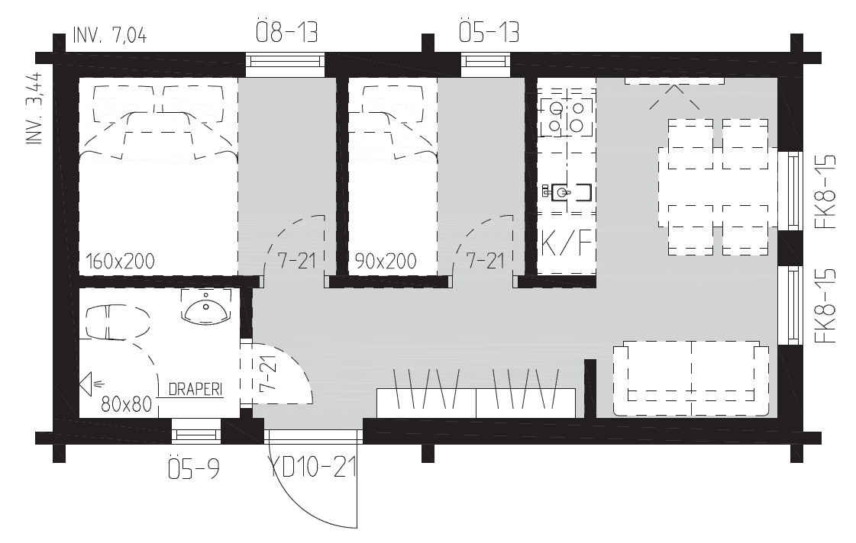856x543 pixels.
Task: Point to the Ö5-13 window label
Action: (x=489, y=33)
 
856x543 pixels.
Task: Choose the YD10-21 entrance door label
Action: (x=313, y=467)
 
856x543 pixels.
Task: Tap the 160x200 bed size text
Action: (x=121, y=262)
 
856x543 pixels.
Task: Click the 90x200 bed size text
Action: (x=386, y=262)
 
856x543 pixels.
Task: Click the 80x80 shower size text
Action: (x=127, y=403)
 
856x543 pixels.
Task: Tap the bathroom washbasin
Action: (x=205, y=309)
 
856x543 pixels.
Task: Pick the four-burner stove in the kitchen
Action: (x=566, y=115)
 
